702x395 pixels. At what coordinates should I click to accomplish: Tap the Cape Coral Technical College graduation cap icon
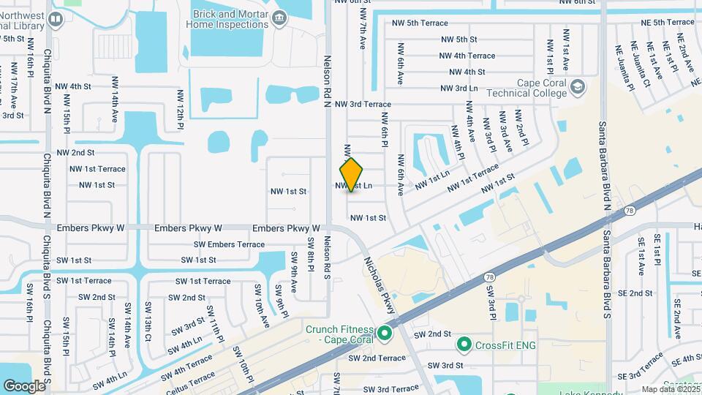pos(578,88)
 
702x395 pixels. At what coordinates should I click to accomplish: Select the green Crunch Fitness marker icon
pos(385,335)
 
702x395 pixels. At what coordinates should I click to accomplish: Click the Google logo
pos(24,385)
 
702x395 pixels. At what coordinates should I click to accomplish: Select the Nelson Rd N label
pos(328,80)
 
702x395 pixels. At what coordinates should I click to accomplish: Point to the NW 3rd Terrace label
pos(363,105)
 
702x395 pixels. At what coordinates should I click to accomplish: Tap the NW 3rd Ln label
pos(461,89)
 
